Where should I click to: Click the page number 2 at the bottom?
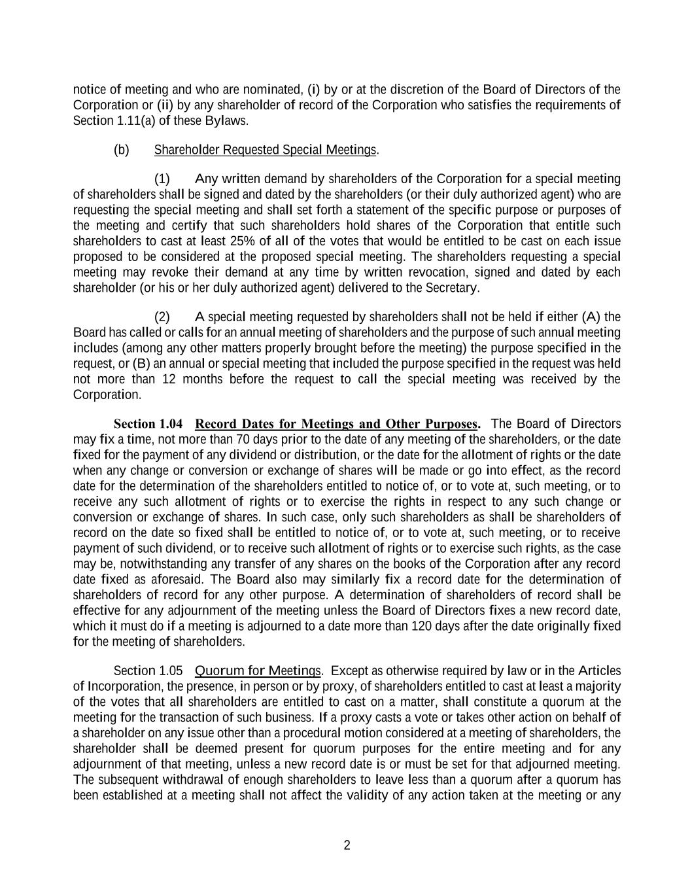[x=347, y=845]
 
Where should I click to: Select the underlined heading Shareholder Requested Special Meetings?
[x=265, y=150]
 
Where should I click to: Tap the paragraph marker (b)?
[x=122, y=150]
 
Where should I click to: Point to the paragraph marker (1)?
[x=162, y=179]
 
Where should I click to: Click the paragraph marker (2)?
[x=162, y=317]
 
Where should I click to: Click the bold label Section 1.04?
[x=148, y=424]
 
